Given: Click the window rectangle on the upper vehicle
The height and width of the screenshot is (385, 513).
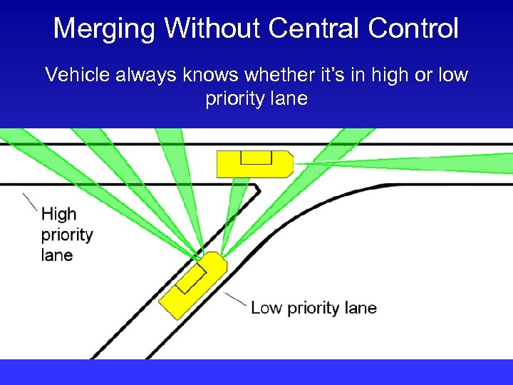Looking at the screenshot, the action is coord(256,158).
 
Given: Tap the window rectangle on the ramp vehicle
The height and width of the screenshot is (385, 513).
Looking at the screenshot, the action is coord(190,277).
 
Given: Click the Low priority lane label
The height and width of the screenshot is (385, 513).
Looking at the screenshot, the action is coord(313,308).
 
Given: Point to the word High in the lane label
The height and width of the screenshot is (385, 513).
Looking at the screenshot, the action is coord(58,214).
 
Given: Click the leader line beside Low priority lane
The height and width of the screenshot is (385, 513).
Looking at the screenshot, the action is coord(235,299).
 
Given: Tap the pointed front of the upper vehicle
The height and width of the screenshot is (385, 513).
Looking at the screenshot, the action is coord(289,164).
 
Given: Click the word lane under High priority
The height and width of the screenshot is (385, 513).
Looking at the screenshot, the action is coord(57,255).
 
